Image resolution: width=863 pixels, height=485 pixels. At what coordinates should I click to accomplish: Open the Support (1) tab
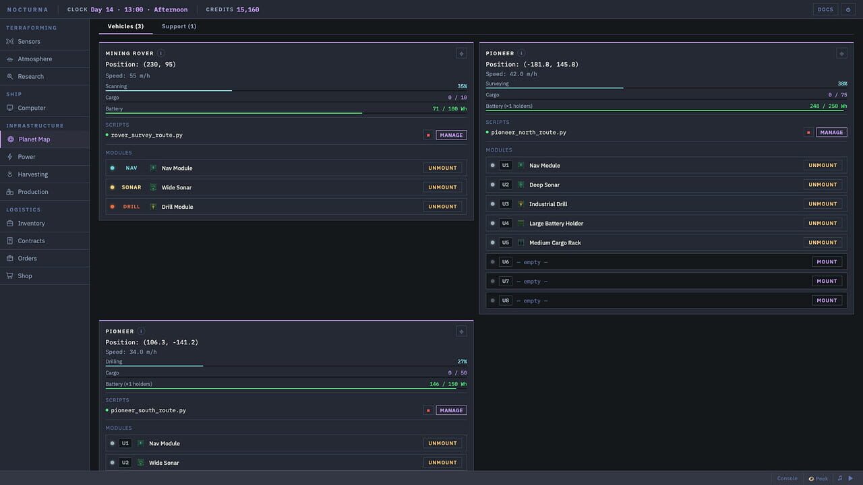tap(179, 26)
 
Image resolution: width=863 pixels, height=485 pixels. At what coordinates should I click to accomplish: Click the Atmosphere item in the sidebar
tap(34, 59)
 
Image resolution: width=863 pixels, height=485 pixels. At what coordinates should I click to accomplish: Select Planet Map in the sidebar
tap(34, 139)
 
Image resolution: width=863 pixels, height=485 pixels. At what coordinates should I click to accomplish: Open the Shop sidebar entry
tap(25, 276)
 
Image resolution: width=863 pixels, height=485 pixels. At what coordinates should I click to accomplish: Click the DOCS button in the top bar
tap(825, 9)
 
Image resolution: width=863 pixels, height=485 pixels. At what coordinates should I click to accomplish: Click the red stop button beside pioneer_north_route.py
tap(808, 133)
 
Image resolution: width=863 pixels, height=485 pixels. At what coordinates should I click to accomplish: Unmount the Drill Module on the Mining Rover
tap(442, 207)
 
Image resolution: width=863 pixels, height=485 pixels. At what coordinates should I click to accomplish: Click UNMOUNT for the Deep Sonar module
tap(823, 185)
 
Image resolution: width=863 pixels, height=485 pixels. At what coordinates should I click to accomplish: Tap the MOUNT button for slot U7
tap(827, 282)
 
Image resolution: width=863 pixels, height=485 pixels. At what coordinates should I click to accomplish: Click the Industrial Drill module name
tap(548, 204)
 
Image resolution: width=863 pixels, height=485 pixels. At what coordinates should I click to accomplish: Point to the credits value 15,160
tap(247, 9)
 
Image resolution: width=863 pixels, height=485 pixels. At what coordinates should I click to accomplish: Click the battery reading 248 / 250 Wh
tap(828, 106)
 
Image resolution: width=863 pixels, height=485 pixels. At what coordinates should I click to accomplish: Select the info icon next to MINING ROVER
tap(160, 53)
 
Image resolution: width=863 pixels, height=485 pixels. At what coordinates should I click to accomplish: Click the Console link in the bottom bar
tap(787, 478)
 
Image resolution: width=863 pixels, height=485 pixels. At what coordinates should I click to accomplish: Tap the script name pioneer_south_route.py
tap(148, 410)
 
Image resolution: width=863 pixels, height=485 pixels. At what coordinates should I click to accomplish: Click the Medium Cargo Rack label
tap(555, 243)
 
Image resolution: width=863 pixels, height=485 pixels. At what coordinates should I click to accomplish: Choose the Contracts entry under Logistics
tap(31, 240)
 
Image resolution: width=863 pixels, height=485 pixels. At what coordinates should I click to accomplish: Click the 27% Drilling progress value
tap(462, 362)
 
